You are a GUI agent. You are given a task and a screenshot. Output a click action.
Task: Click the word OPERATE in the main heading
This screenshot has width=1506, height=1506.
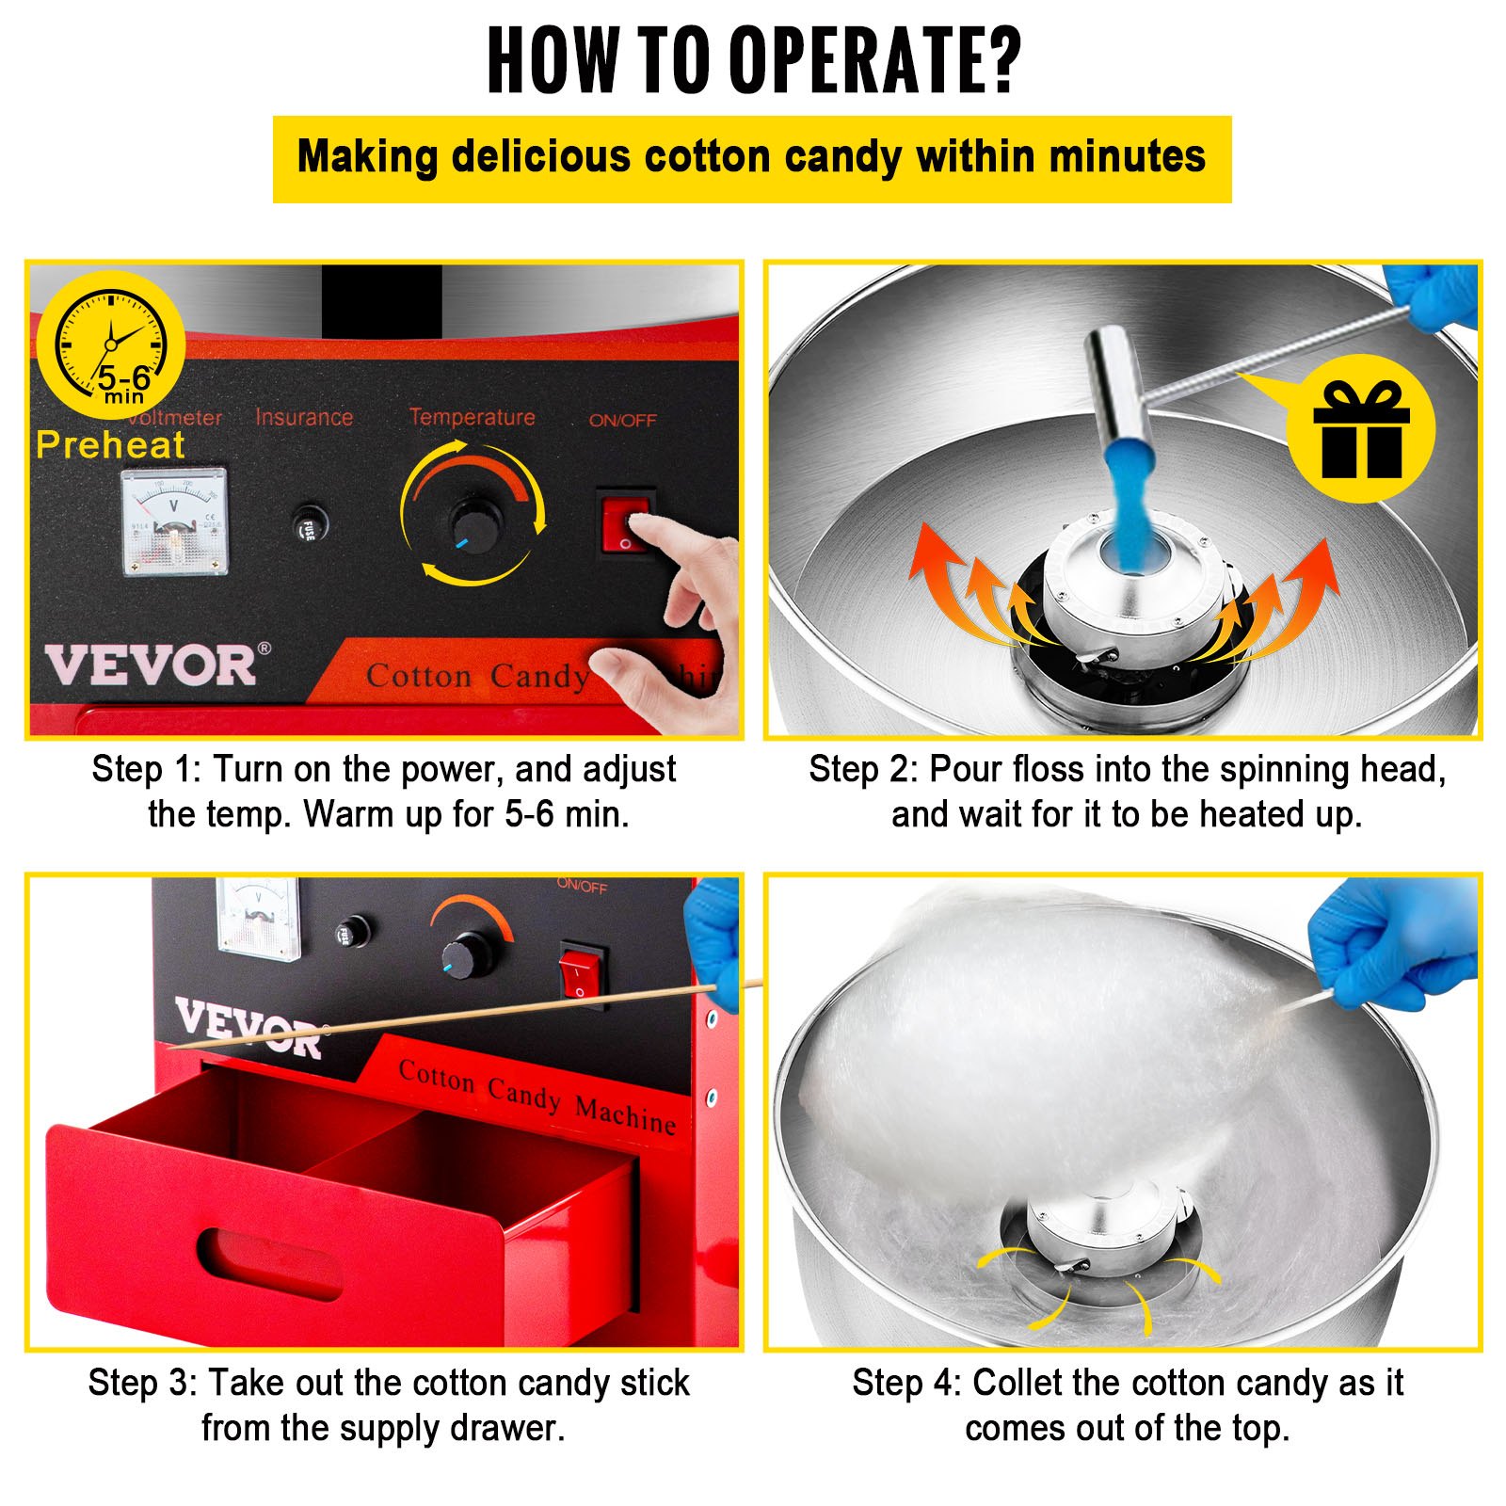(875, 59)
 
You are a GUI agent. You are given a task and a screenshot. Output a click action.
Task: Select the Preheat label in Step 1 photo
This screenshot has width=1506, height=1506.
(110, 445)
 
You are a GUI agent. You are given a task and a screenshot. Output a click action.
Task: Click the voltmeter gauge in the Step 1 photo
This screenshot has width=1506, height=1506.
(175, 521)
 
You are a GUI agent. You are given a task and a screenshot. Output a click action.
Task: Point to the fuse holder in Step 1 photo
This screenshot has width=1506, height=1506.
(308, 523)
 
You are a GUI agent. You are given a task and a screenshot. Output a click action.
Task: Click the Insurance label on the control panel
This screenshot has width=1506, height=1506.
(304, 417)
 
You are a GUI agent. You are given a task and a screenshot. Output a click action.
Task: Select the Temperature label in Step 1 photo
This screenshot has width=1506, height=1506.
(472, 417)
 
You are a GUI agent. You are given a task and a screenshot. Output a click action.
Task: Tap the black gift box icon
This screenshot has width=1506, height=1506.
(1361, 429)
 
